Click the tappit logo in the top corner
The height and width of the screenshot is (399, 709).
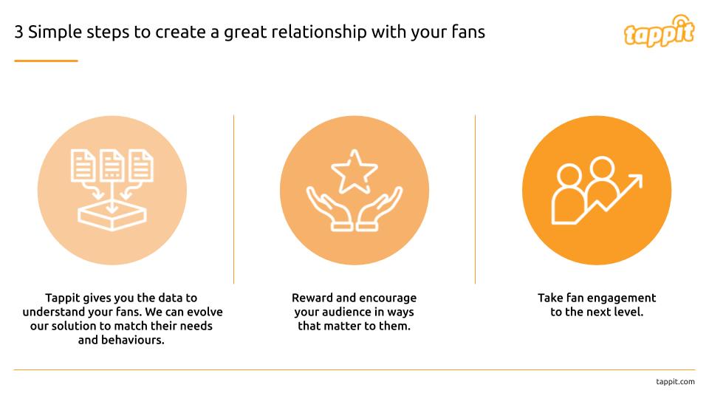click(x=659, y=31)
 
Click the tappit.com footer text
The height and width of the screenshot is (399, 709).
click(x=675, y=381)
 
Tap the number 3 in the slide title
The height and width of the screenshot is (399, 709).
click(x=18, y=33)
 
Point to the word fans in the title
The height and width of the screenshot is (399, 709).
click(x=467, y=33)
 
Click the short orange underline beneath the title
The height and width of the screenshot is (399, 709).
click(x=46, y=61)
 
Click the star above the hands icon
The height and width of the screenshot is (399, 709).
click(x=354, y=169)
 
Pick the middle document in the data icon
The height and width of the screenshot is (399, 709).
click(x=112, y=166)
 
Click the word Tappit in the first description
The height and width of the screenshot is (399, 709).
click(x=64, y=298)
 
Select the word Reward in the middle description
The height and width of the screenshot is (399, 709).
click(x=312, y=298)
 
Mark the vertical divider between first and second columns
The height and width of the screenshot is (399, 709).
click(x=234, y=199)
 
